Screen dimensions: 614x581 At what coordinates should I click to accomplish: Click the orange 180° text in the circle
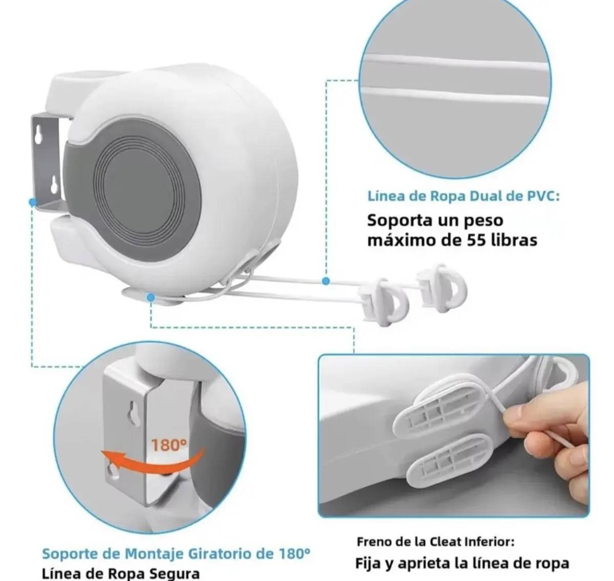pos(169,445)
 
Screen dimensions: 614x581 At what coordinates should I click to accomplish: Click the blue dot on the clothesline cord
pos(326,281)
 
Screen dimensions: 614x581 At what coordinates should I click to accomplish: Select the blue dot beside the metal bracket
pos(32,202)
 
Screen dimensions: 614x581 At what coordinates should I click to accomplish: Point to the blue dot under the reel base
pos(150,297)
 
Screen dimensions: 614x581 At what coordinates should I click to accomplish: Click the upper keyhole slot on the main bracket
pos(38,135)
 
